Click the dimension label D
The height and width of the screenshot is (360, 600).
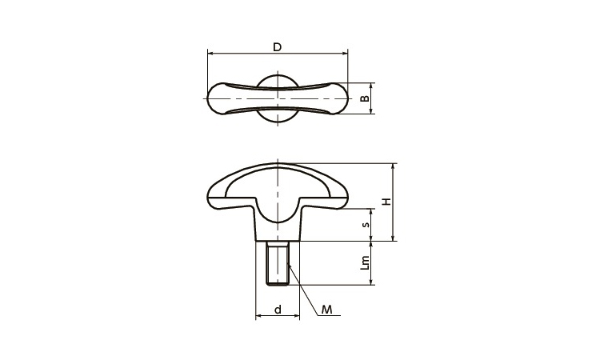click(x=277, y=47)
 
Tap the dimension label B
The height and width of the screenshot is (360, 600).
click(x=366, y=98)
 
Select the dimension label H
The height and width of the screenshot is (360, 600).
click(x=387, y=202)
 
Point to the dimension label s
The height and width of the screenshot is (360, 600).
click(x=366, y=224)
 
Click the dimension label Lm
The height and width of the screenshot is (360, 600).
click(x=366, y=263)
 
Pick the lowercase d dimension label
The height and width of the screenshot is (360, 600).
click(x=278, y=309)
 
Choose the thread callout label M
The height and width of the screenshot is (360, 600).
click(x=326, y=310)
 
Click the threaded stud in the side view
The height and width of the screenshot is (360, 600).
click(x=278, y=263)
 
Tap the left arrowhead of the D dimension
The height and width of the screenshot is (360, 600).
click(x=210, y=54)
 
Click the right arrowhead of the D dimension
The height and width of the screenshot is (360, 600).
click(x=346, y=54)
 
